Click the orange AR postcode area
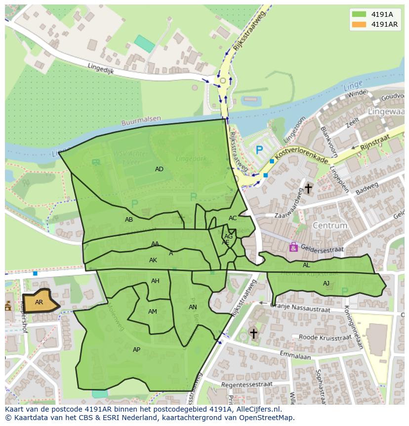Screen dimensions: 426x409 point(40,302)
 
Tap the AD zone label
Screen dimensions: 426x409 point(159,169)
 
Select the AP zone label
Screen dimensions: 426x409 point(137,350)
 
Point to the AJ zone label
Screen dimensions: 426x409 point(326,284)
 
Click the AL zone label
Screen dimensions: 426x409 point(306,265)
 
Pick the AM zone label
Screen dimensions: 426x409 point(153,312)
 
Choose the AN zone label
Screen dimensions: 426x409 point(193,307)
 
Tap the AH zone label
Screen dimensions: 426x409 point(155,281)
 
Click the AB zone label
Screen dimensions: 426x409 point(129,220)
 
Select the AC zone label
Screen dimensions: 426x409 point(233,218)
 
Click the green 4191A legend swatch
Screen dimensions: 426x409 point(359,14)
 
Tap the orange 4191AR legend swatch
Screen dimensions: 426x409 point(359,24)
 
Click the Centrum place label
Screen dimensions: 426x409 point(330,226)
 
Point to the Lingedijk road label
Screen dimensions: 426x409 point(101,68)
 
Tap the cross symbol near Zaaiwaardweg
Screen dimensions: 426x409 point(308,189)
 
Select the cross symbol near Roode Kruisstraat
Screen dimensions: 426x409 point(253,334)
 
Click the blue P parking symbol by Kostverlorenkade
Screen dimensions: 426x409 point(259,149)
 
